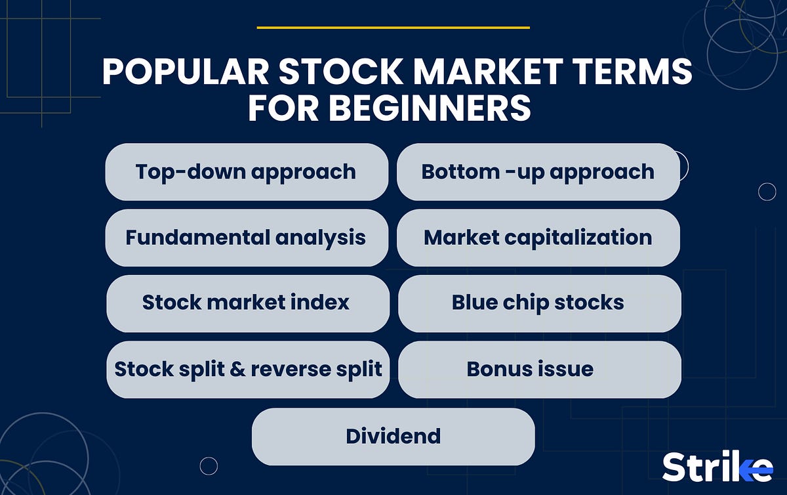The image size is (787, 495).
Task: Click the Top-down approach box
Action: [x=247, y=172]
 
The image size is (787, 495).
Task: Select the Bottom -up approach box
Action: [x=538, y=172]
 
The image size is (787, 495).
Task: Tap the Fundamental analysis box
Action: [x=247, y=238]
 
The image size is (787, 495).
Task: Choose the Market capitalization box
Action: [x=538, y=238]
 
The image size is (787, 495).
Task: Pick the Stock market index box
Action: [x=247, y=303]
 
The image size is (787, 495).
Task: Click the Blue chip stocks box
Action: [x=538, y=303]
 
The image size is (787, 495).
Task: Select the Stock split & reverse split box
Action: [x=248, y=369]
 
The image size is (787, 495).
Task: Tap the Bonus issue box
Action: [x=538, y=369]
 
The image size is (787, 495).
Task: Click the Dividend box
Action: [x=393, y=436]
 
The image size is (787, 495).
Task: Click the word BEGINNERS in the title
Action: [x=430, y=108]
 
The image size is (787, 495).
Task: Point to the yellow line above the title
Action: [x=393, y=28]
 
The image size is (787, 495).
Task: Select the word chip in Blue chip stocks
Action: [x=527, y=303]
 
